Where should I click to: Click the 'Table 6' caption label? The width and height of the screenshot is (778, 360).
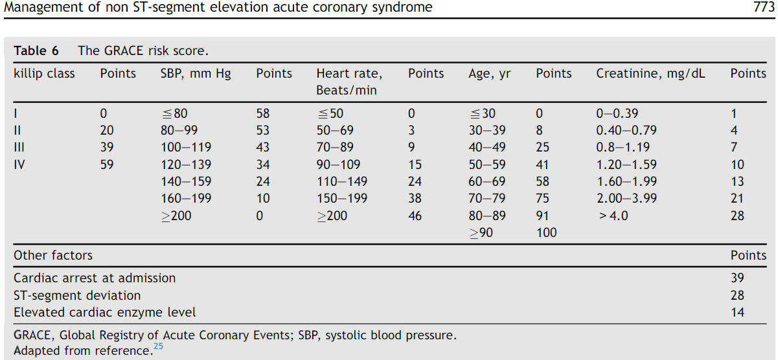pyautogui.click(x=39, y=51)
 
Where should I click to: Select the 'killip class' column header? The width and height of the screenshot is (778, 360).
pyautogui.click(x=44, y=74)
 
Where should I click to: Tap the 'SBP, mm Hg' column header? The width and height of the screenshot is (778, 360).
pyautogui.click(x=195, y=74)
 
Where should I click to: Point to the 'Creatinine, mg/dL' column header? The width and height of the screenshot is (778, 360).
pyautogui.click(x=650, y=74)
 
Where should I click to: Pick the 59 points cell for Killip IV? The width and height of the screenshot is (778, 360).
pyautogui.click(x=107, y=164)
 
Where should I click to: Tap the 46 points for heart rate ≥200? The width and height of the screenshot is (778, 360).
pyautogui.click(x=415, y=216)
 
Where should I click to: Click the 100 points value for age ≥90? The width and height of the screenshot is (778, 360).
pyautogui.click(x=546, y=232)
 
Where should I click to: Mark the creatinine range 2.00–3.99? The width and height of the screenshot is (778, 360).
pyautogui.click(x=626, y=199)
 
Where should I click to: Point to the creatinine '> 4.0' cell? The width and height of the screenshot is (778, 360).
pyautogui.click(x=613, y=216)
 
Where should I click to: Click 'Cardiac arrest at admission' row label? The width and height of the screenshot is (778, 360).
pyautogui.click(x=95, y=278)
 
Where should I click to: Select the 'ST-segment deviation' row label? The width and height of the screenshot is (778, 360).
pyautogui.click(x=77, y=295)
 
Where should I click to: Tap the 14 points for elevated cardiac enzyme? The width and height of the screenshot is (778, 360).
pyautogui.click(x=737, y=312)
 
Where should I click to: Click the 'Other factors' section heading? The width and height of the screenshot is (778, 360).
pyautogui.click(x=53, y=256)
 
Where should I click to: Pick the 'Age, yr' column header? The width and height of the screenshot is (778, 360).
pyautogui.click(x=489, y=74)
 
